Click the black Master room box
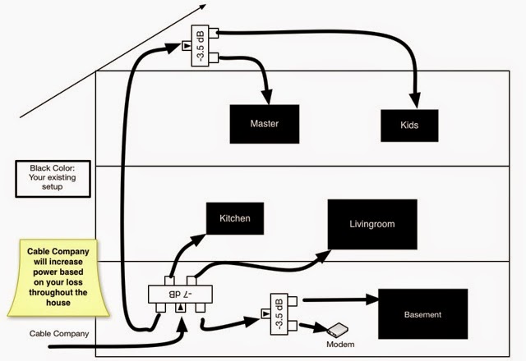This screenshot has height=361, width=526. click(x=265, y=124)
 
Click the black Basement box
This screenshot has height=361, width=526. click(x=422, y=314)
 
